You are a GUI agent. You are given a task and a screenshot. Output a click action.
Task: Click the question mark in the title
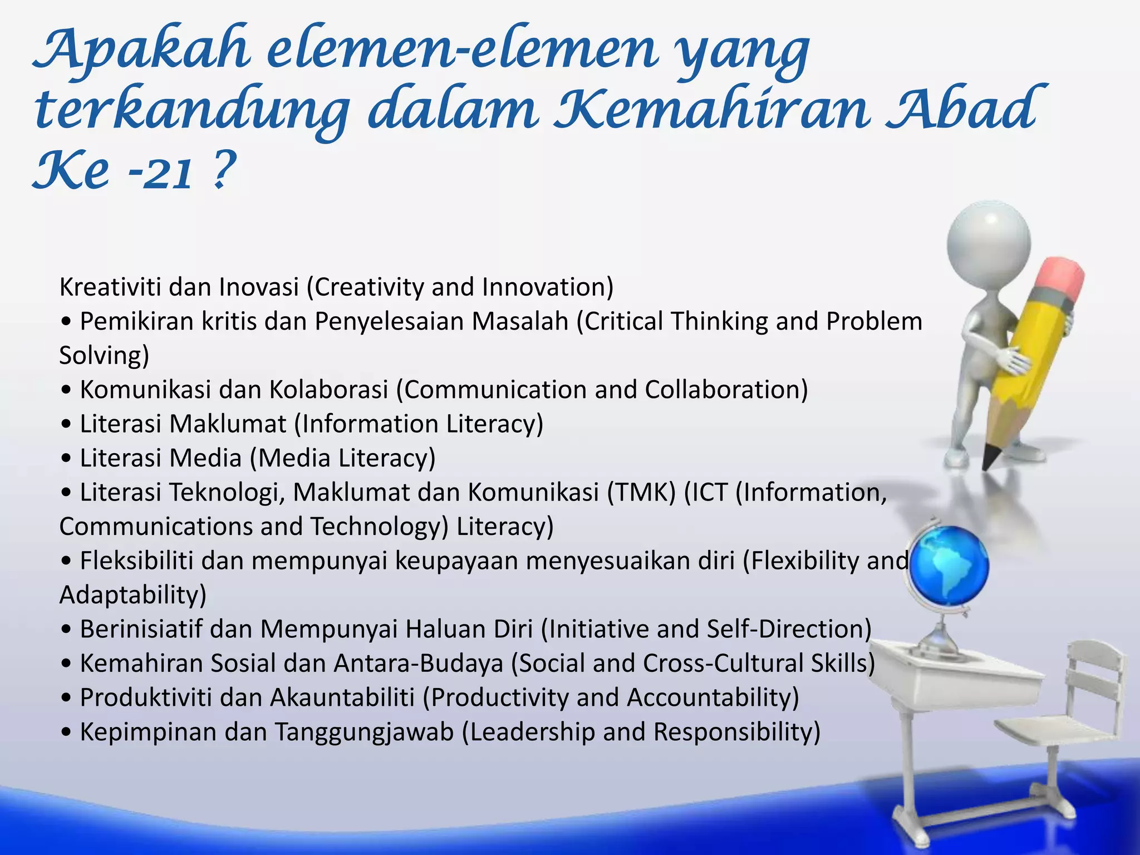tap(222, 170)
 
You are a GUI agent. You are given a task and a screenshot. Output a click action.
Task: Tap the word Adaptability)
tap(132, 595)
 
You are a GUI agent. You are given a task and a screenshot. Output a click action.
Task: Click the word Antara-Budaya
tap(418, 664)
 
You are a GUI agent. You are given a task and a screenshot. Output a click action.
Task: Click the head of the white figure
tap(989, 242)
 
